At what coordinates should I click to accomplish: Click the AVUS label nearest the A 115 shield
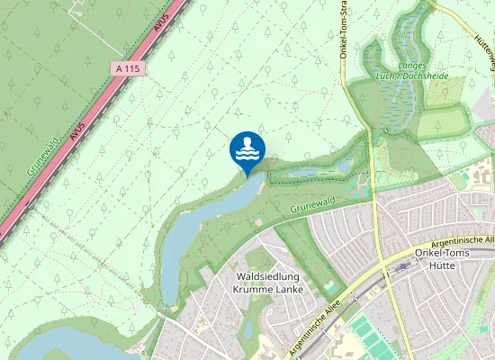click(161, 24)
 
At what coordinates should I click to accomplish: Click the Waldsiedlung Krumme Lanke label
click(268, 283)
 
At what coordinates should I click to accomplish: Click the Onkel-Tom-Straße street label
click(345, 31)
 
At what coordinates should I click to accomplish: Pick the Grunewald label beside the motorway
click(42, 156)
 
